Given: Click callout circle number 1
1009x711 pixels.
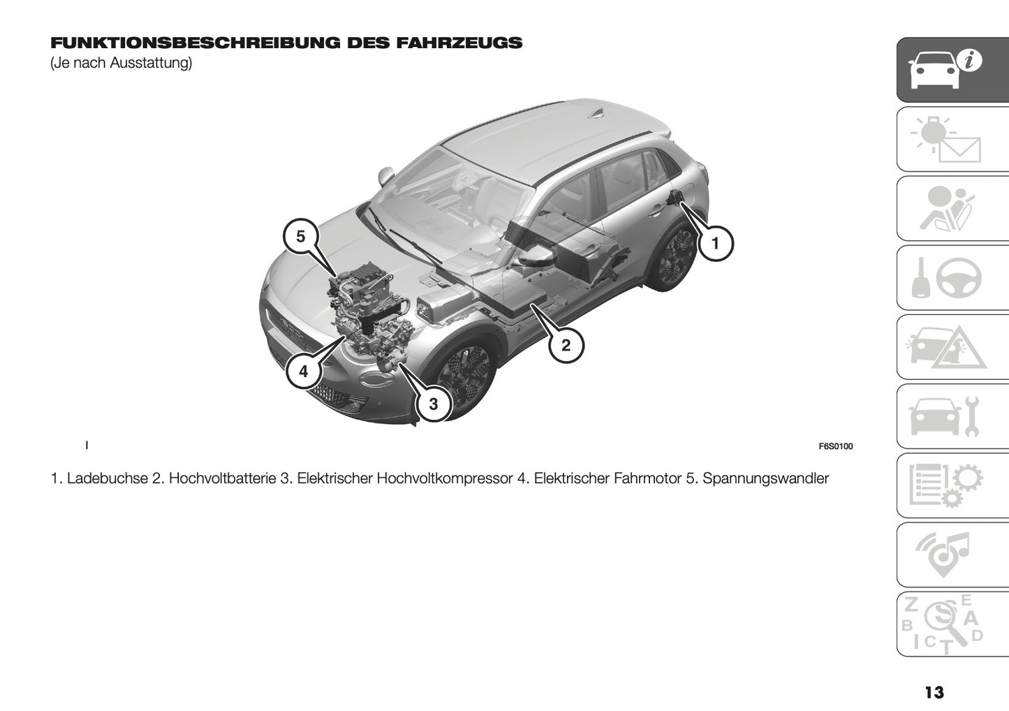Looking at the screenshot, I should coord(714,244).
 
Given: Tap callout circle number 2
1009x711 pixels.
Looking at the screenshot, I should coord(566,345).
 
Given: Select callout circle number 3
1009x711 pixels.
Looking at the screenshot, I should coord(433,404).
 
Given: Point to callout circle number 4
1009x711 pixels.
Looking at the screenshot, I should coord(303,372).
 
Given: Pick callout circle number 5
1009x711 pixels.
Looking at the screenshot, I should coord(300,237).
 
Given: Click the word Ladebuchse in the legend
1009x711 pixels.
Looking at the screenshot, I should coord(108,478).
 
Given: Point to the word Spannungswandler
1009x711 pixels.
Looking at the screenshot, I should coord(766,478).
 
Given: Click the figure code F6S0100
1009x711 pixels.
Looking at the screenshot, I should coord(835,447).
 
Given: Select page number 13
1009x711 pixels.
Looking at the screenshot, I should coord(934,692).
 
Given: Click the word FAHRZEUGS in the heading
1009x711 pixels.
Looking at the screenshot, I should coord(459,43).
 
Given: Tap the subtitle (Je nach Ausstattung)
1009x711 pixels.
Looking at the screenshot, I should coord(121,63).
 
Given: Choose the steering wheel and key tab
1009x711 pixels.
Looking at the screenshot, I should coord(952,278).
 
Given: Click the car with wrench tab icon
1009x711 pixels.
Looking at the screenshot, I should coord(952,416).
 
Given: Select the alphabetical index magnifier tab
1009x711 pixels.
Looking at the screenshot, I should coord(952,624).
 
